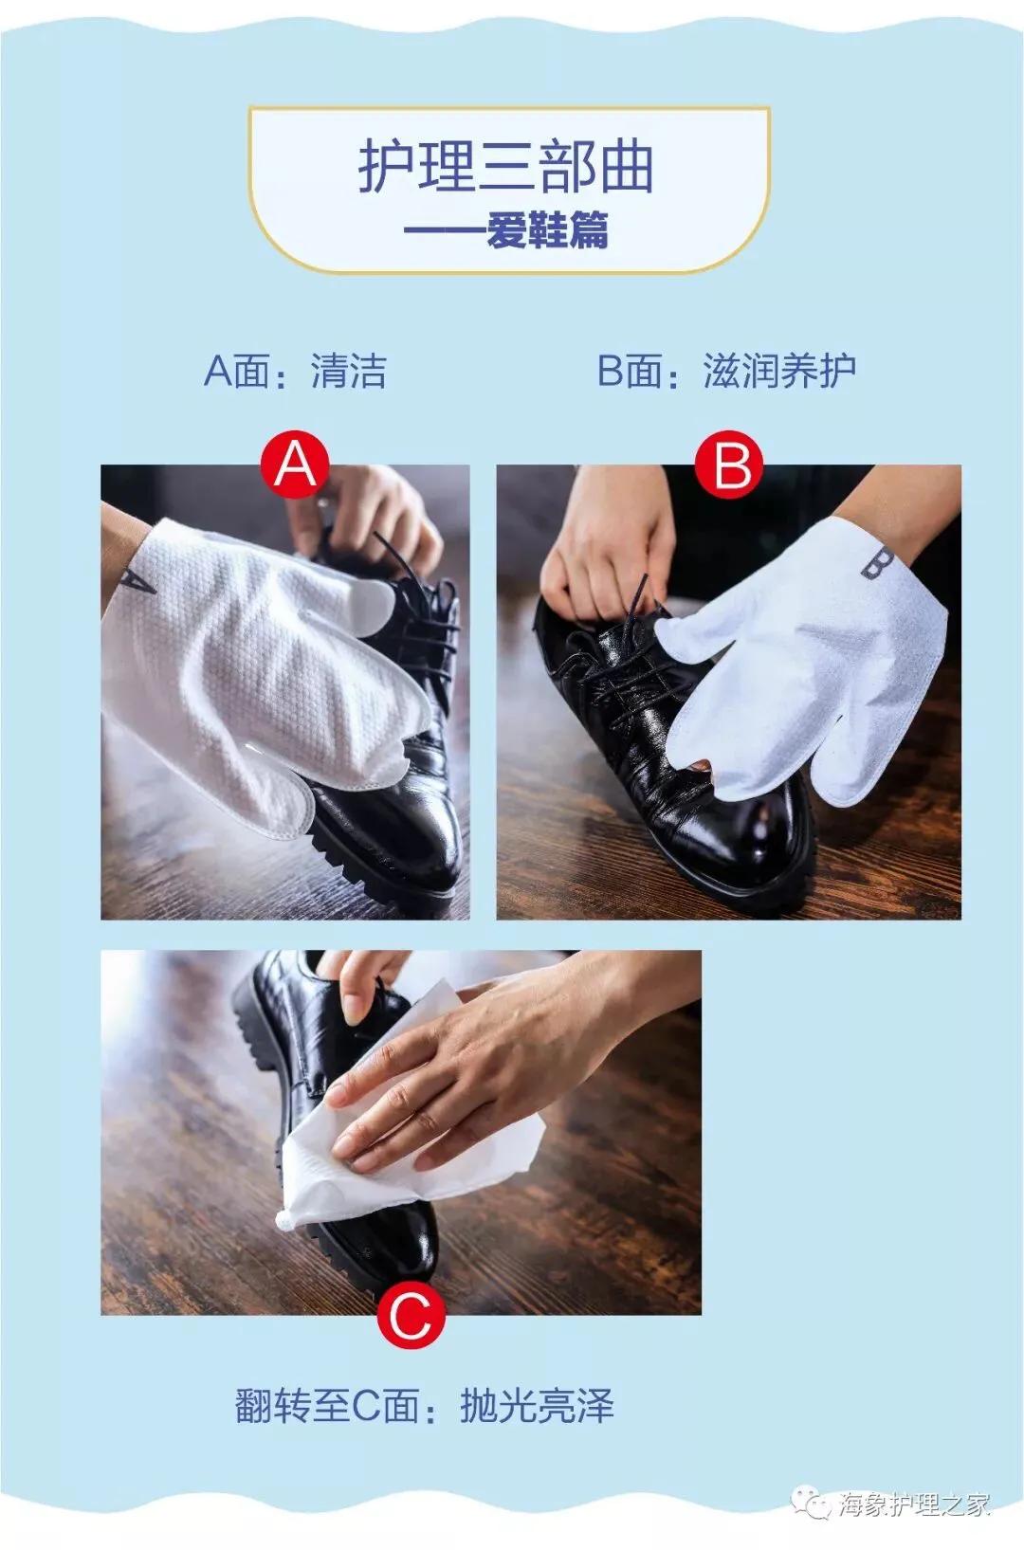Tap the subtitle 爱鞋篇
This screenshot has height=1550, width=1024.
click(x=547, y=230)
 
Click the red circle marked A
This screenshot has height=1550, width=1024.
click(x=295, y=465)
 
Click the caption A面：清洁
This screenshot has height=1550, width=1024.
click(x=295, y=371)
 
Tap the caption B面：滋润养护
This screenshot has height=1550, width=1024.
click(x=726, y=371)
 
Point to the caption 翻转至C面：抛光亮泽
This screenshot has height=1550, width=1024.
click(x=425, y=1405)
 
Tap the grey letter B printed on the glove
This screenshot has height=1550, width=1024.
click(x=877, y=563)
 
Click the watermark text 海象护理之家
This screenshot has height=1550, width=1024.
click(x=912, y=1504)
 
